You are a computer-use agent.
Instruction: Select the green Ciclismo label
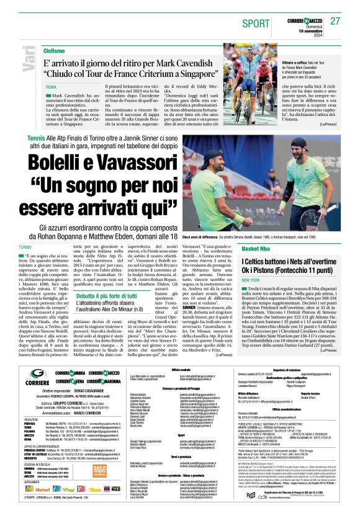pyautogui.click(x=54, y=50)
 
